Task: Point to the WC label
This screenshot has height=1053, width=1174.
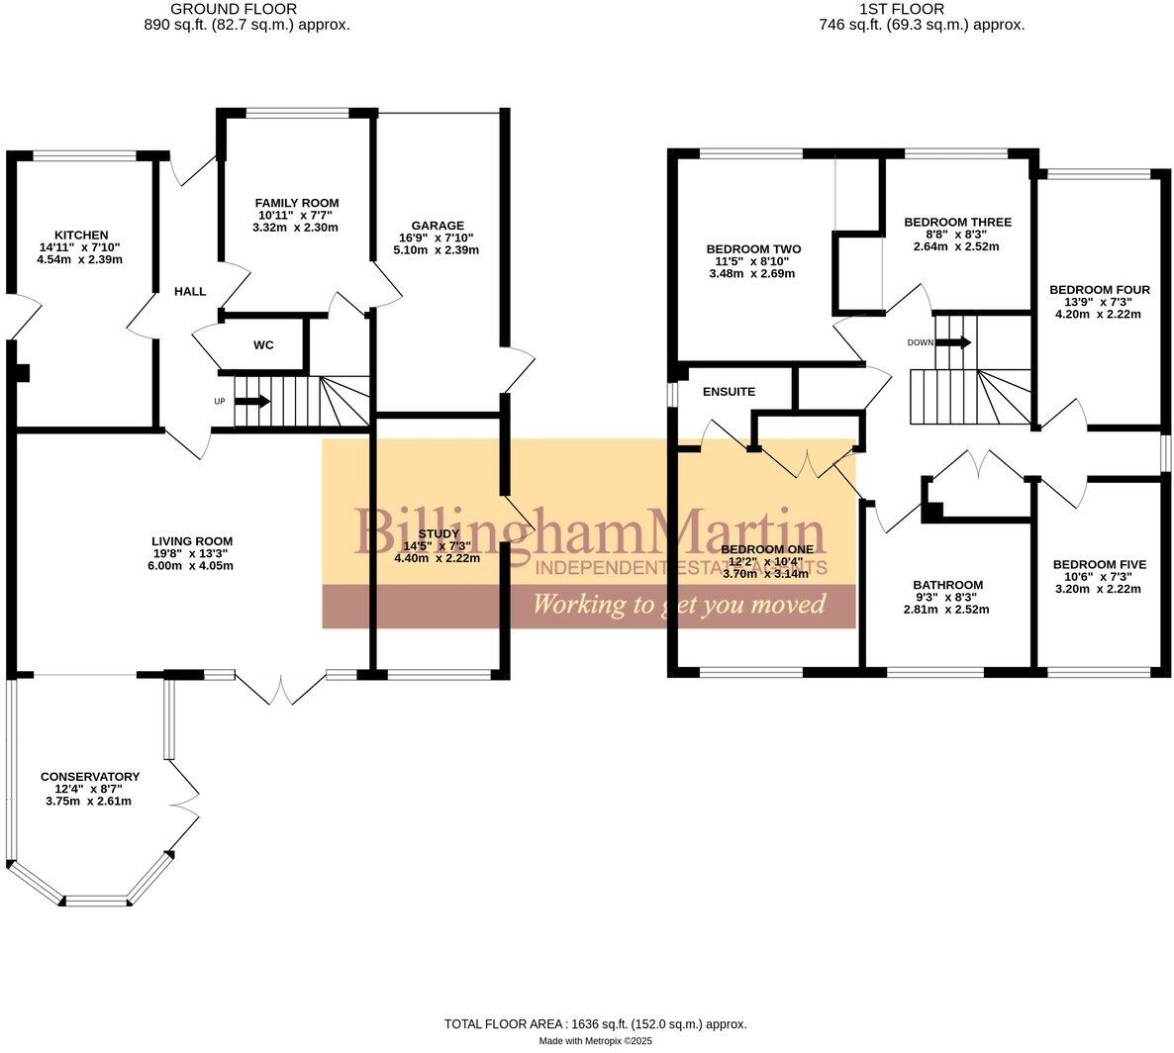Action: [x=263, y=345]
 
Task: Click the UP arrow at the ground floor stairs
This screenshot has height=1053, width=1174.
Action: [x=252, y=401]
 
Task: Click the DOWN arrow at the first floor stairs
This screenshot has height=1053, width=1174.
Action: [x=952, y=342]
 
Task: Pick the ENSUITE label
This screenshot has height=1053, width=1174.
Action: [x=729, y=392]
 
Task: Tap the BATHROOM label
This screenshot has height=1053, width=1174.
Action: [x=947, y=585]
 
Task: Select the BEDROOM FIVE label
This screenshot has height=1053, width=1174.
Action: [x=1099, y=564]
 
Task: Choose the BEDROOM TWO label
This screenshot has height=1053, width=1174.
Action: [x=753, y=248]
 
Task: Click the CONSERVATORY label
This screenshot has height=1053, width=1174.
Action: [x=89, y=777]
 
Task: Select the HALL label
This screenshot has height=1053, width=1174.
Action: [x=190, y=292]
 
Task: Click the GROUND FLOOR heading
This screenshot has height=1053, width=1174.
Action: [x=246, y=9]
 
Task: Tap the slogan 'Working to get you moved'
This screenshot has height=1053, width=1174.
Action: [x=679, y=604]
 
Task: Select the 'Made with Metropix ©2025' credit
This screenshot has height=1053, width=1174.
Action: [x=595, y=1041]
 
